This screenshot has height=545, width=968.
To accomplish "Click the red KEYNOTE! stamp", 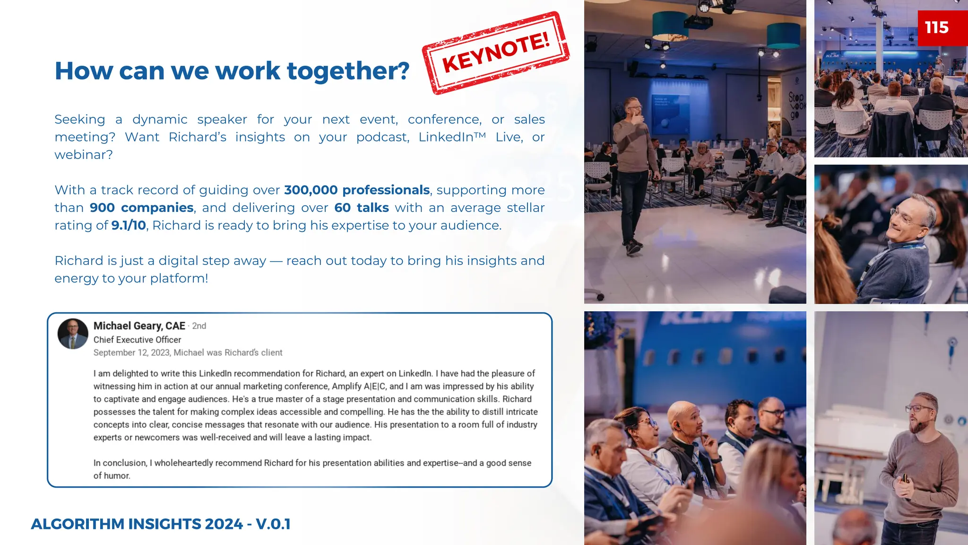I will point(496,53).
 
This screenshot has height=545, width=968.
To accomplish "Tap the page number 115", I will point(936,27).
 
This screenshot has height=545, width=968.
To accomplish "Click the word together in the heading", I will point(348,71).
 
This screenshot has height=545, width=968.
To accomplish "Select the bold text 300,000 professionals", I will point(357,190).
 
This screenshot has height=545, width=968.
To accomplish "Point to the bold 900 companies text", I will point(141,208).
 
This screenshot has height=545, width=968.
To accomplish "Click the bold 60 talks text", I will point(361,208).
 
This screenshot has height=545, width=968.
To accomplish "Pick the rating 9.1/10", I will point(129,226).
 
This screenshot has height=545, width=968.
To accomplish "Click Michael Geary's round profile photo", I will point(73,334).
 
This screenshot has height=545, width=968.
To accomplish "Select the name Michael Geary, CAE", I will point(139,326).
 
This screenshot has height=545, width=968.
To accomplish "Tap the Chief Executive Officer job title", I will point(137,340).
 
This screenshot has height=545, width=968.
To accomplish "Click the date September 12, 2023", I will point(132,352).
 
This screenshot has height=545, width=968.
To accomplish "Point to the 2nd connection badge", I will point(199,326).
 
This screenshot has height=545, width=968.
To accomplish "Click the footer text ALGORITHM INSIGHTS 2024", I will point(137,524).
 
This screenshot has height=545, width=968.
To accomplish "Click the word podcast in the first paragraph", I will point(382,137).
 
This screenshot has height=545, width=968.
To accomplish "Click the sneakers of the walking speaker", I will point(633,246).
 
